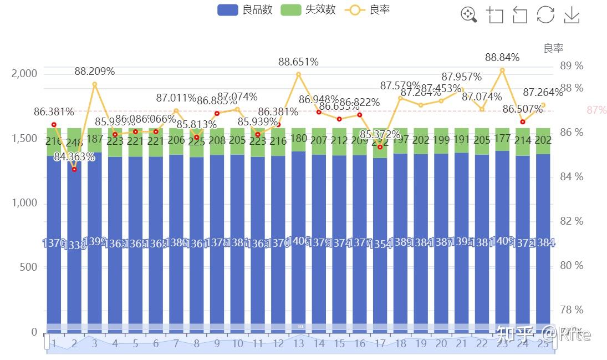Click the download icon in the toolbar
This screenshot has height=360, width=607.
572,15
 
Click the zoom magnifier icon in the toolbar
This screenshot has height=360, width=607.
468,15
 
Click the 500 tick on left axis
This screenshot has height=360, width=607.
28,267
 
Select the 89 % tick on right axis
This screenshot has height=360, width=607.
572,65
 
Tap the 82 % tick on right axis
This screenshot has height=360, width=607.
572,221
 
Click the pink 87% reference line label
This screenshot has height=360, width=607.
596,110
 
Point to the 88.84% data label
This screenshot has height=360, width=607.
502,57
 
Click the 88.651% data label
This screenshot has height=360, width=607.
298,62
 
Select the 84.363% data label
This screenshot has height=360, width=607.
74,157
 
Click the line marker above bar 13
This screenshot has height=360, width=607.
298,74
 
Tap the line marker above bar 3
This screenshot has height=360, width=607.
95,84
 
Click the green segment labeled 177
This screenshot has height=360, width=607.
502,139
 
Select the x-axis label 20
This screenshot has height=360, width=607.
441,344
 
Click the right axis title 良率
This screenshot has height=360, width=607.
553,49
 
